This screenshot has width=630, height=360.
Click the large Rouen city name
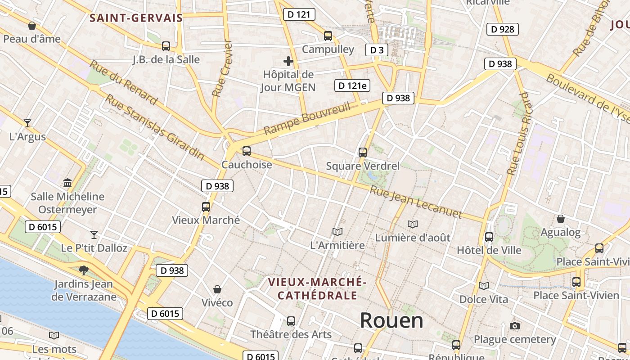[x=391, y=320]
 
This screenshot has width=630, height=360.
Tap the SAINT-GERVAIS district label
[x=136, y=18]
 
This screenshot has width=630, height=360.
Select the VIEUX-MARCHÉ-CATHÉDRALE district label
[x=317, y=288]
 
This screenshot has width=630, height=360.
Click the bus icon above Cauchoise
[x=246, y=151]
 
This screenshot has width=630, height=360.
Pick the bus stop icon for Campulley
[x=328, y=36]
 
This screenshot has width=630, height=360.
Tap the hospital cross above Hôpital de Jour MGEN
[x=288, y=61]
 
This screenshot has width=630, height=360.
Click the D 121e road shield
[x=352, y=85]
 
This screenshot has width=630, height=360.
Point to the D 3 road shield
[x=376, y=50]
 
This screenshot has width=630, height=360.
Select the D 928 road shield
[x=503, y=29]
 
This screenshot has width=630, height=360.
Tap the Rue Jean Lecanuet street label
[x=416, y=202]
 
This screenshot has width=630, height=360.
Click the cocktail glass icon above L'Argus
[x=27, y=123]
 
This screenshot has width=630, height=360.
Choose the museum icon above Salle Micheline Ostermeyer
[x=67, y=183]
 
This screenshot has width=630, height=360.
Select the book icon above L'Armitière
[x=337, y=232]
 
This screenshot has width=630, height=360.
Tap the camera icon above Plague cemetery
[x=515, y=326]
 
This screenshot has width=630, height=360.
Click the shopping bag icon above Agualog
[x=561, y=219]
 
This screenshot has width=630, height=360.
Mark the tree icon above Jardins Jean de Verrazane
[x=83, y=270]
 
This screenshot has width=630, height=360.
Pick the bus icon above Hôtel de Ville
[x=489, y=237]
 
